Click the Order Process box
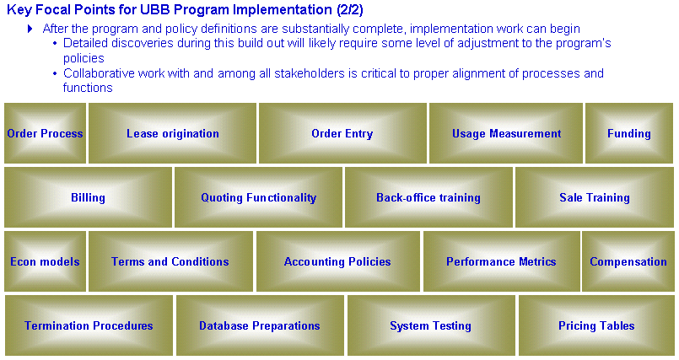[45, 133]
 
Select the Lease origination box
[172, 133]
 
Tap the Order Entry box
[342, 133]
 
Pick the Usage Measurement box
[506, 133]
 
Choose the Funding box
[629, 133]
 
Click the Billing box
[88, 197]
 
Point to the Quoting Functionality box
[258, 197]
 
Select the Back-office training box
[428, 197]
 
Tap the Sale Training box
[595, 197]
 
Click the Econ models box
[45, 261]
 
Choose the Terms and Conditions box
[170, 261]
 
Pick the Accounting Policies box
[337, 261]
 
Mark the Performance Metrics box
[502, 261]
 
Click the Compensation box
[628, 261]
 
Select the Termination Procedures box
[89, 325]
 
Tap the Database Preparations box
[260, 325]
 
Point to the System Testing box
[431, 325]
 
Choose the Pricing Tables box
[596, 325]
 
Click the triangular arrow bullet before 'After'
[30, 29]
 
